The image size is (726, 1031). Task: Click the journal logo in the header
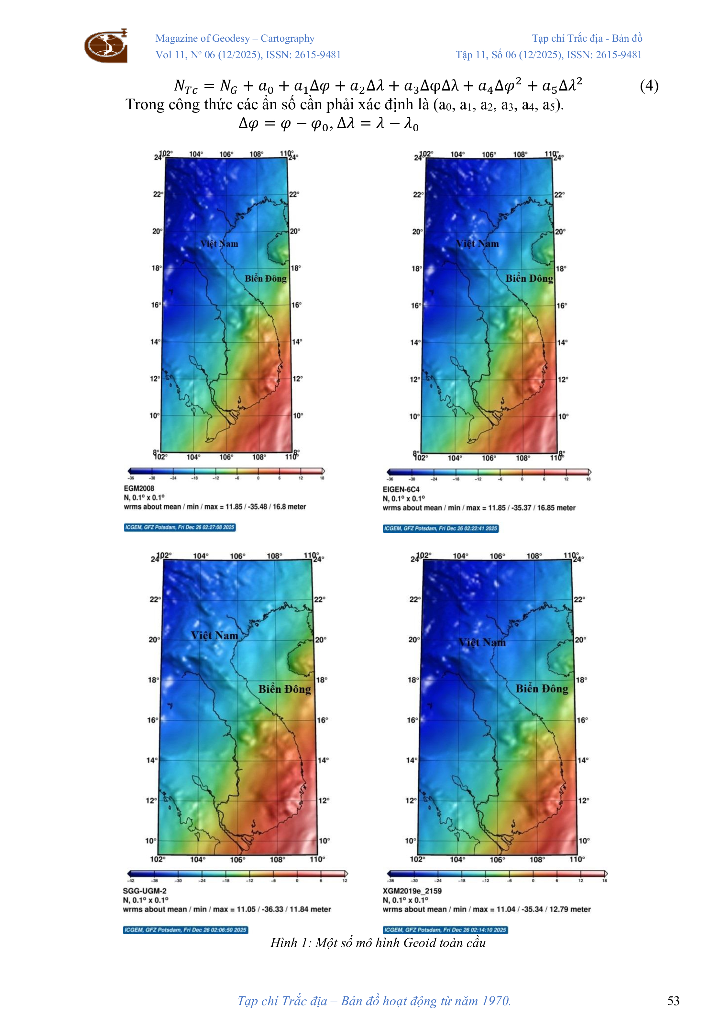106,46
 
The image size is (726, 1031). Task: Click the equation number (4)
649,85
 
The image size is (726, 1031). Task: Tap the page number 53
673,1001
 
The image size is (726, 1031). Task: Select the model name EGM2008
139,488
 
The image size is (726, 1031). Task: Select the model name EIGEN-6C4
401,489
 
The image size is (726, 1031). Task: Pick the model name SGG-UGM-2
144,890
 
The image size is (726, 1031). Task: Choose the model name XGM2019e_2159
412,890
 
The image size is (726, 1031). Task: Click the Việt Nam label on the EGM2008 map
219,244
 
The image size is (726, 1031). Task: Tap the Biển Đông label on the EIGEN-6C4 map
529,278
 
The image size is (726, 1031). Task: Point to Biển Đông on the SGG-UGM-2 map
284,689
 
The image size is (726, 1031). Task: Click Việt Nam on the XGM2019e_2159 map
482,643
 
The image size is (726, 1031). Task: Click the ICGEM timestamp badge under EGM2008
180,527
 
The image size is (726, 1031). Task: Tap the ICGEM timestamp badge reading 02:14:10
445,929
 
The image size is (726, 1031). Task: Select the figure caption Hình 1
378,942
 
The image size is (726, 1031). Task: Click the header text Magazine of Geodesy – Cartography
235,38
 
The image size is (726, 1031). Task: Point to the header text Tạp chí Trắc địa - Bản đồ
587,38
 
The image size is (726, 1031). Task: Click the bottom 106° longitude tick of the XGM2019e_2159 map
497,859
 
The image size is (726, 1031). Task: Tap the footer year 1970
496,1001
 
